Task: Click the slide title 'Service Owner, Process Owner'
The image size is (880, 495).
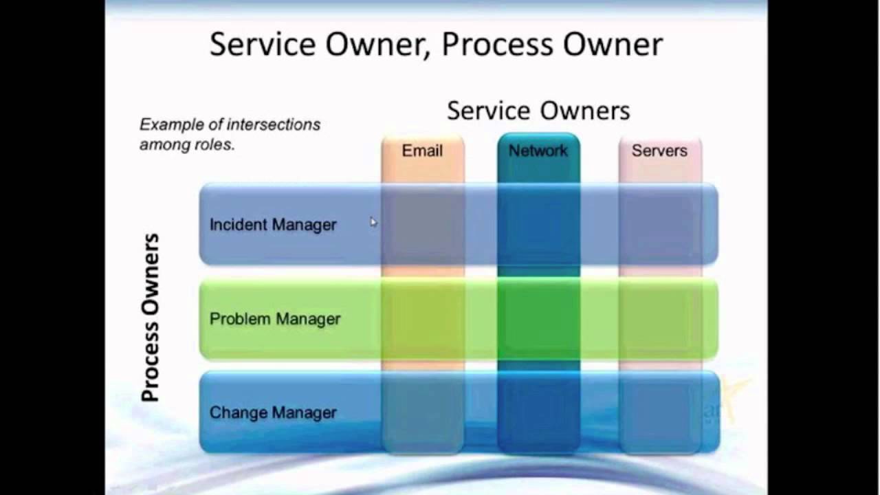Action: coord(436,45)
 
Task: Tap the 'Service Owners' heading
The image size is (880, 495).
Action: coord(538,111)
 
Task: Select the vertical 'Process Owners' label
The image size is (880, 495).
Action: coord(150,318)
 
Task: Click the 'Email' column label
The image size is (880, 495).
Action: coord(422,151)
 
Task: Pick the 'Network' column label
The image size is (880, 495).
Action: coord(538,151)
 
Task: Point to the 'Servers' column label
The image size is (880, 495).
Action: coord(659,151)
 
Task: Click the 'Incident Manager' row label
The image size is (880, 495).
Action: coord(273,225)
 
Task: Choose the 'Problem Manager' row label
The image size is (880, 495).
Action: coord(275,319)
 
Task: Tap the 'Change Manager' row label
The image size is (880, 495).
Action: coord(273,412)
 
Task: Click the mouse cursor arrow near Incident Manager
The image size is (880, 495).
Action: coord(373,221)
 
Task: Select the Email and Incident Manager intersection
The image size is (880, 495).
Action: coord(423,225)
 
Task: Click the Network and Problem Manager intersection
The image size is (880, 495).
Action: coord(538,319)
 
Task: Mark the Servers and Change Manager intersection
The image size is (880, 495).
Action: coord(660,412)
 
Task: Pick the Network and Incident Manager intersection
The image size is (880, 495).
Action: coord(538,225)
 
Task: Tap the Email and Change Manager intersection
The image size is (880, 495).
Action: coord(423,412)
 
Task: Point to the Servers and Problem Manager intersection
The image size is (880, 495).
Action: coord(660,319)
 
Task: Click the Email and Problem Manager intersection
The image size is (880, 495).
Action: coord(423,319)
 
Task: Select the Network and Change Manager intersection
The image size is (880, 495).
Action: coord(538,412)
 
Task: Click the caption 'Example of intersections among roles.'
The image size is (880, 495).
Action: coord(230,135)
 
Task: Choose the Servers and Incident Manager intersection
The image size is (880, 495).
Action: coord(660,225)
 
